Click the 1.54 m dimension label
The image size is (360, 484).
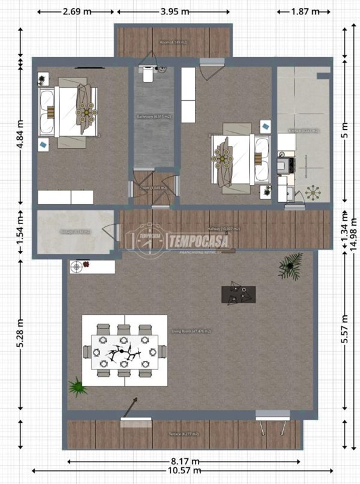point(20,231)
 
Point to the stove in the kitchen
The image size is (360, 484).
point(281,165)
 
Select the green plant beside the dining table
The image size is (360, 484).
point(76,386)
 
